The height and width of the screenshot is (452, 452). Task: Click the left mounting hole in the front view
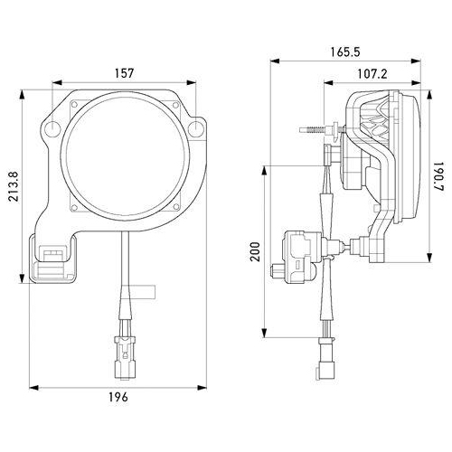pyautogui.click(x=55, y=126)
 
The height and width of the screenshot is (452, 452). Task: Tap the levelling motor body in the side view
pyautogui.click(x=302, y=250)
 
